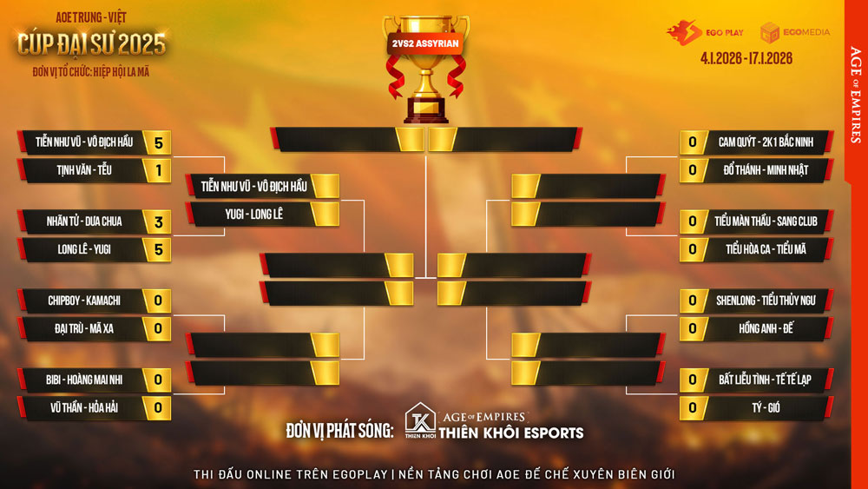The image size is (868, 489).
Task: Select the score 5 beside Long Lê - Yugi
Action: pyautogui.click(x=158, y=249)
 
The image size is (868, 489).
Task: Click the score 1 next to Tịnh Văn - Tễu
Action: pyautogui.click(x=158, y=170)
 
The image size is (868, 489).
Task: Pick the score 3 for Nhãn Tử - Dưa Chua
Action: pyautogui.click(x=158, y=221)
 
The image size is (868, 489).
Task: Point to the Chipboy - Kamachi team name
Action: pyautogui.click(x=84, y=301)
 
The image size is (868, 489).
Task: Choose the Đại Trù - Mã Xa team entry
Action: pyautogui.click(x=84, y=329)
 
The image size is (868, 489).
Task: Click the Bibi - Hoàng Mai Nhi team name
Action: pyautogui.click(x=84, y=380)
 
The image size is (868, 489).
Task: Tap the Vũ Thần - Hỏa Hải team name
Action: pyautogui.click(x=84, y=407)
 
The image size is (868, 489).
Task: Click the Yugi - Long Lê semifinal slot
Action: pyautogui.click(x=254, y=214)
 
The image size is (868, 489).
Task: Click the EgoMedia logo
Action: pyautogui.click(x=794, y=32)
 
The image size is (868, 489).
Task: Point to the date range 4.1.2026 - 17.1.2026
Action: pyautogui.click(x=746, y=59)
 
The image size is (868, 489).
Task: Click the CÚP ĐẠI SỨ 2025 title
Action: pyautogui.click(x=91, y=43)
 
